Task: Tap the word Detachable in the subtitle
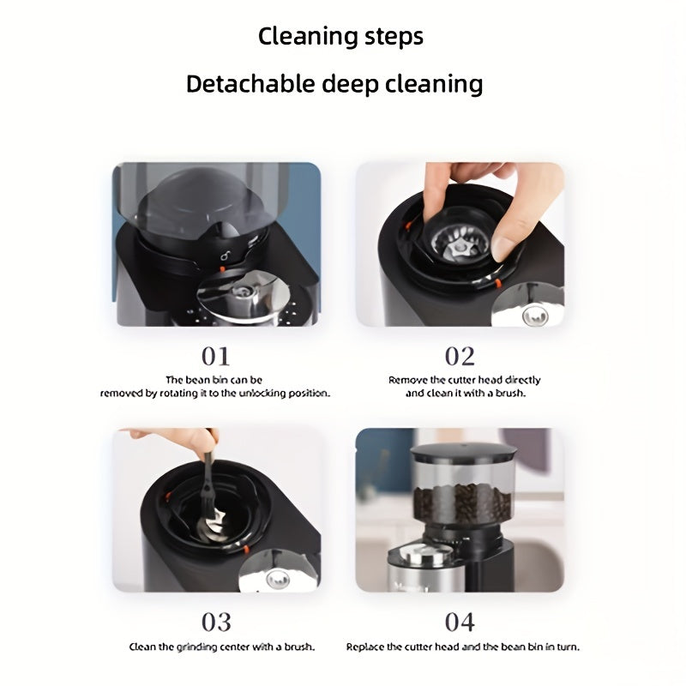coord(250,83)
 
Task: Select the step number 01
coord(215,356)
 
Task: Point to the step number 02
coord(460,356)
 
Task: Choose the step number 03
coord(216,623)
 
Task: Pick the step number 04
coord(460,623)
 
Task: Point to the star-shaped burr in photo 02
coord(458,249)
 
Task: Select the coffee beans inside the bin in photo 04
coord(462,503)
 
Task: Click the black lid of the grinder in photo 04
coord(463,453)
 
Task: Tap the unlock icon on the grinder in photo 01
coord(225,255)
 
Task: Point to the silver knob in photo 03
coord(278,580)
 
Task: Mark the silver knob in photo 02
coord(535,315)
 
